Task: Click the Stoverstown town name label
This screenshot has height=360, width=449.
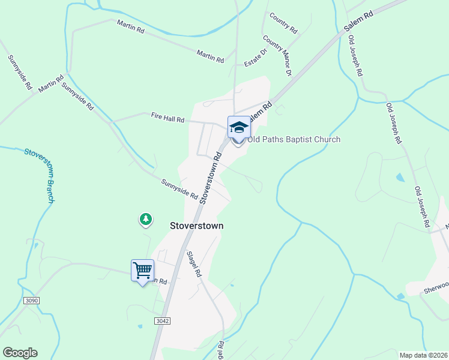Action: click(x=197, y=226)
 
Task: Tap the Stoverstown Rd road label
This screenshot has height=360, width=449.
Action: click(x=211, y=177)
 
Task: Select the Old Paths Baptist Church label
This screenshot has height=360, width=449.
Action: click(x=294, y=140)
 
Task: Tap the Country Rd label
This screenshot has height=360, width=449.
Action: click(x=283, y=23)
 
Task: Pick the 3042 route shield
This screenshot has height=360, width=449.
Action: click(x=162, y=321)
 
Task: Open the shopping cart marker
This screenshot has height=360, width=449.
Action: click(x=143, y=271)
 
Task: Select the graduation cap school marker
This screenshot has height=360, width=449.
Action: click(x=238, y=127)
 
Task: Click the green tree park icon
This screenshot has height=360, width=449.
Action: click(x=145, y=220)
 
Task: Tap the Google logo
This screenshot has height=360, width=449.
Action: click(x=20, y=353)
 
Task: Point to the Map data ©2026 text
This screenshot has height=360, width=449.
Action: click(x=423, y=355)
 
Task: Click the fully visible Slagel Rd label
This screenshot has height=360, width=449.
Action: click(x=193, y=263)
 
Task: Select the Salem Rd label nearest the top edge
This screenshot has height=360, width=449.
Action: click(x=360, y=21)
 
